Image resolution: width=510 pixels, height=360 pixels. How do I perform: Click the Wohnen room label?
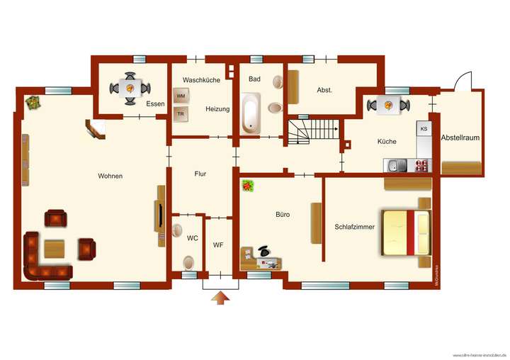111,176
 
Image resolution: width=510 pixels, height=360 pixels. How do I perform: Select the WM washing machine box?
181,96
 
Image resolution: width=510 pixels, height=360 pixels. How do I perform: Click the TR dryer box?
181,113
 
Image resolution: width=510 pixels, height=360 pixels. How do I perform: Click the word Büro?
283,213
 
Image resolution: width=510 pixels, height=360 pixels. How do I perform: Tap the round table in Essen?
130,89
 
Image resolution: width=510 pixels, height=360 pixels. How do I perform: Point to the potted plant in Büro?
248,186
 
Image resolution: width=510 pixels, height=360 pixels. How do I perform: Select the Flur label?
200,173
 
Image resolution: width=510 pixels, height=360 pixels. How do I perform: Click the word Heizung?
218,109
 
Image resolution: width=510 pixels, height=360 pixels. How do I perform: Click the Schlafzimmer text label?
353,227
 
